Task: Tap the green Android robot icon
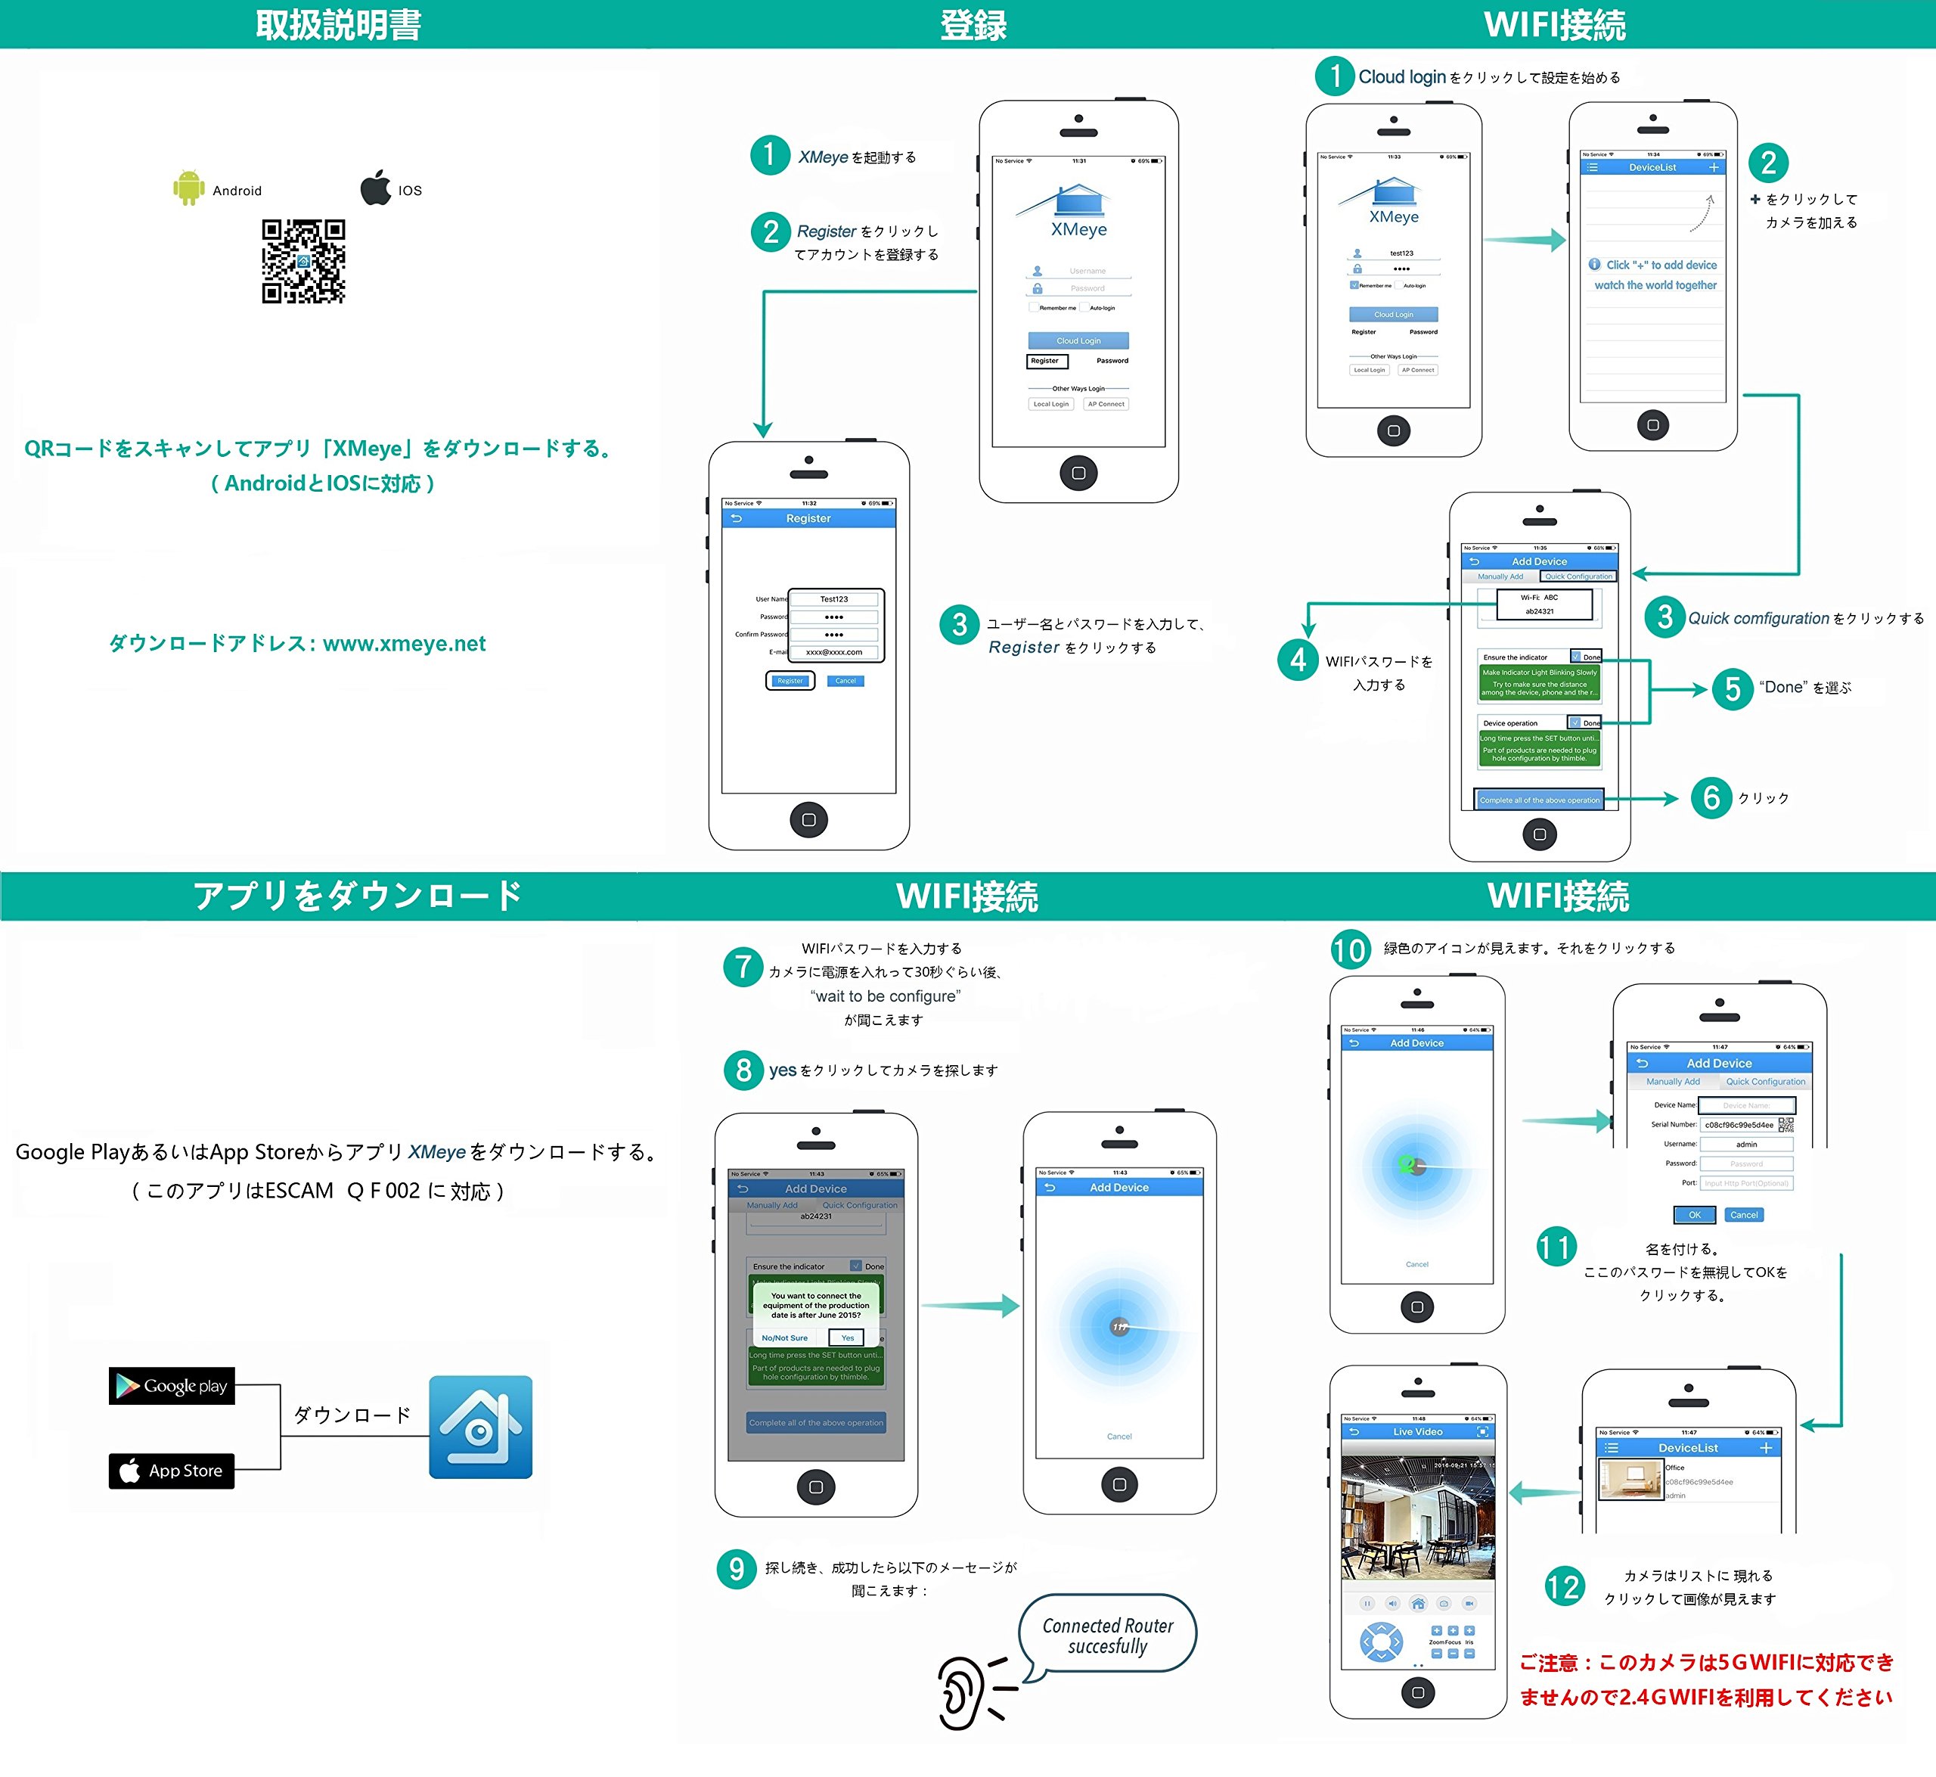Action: tap(188, 188)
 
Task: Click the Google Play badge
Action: tap(172, 1386)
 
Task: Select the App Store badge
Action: tap(172, 1471)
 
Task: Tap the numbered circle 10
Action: tap(1350, 950)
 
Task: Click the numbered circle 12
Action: tap(1563, 1586)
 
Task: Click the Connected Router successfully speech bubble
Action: tap(1107, 1635)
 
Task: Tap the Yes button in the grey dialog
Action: tap(847, 1337)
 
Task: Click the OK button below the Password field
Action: tap(1694, 1214)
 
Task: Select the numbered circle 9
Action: tap(737, 1568)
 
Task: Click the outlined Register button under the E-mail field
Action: tap(790, 681)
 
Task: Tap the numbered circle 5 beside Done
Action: tap(1733, 688)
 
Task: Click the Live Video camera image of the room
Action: tap(1417, 1518)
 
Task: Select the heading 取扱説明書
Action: tap(338, 25)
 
